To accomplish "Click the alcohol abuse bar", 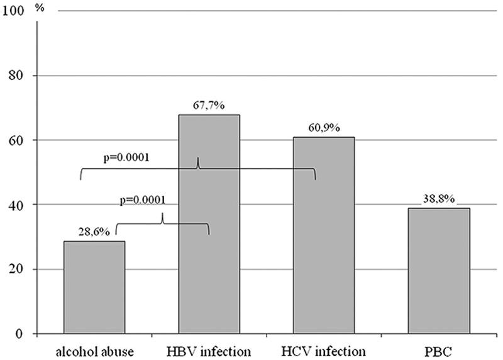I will point(94,287).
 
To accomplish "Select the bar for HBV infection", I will point(209,224).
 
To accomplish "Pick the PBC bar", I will point(439,271).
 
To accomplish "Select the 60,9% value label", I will point(324,128).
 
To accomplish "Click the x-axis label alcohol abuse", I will point(94,349).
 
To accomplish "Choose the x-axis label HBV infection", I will point(209,349).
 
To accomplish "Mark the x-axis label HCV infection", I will point(324,349).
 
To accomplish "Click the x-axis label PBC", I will point(439,349).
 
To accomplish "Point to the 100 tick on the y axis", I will point(14,11).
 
